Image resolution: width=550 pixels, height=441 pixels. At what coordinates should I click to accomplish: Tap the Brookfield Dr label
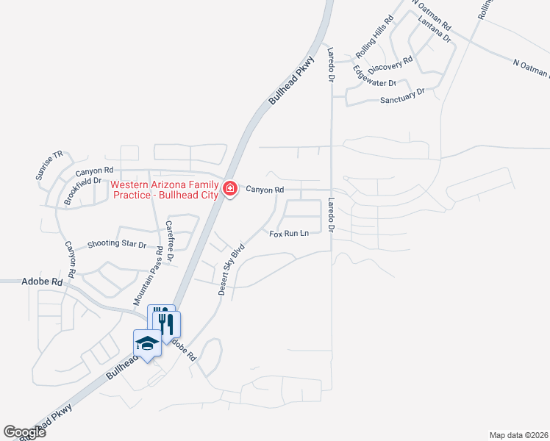(x=82, y=191)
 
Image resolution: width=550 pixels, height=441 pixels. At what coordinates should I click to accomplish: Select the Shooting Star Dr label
(x=117, y=243)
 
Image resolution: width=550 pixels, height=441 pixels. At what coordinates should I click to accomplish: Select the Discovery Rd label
(x=391, y=65)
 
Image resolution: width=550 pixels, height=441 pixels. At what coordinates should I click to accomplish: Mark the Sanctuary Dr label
(x=403, y=96)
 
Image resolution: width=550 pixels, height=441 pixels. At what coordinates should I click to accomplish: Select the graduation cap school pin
(x=146, y=343)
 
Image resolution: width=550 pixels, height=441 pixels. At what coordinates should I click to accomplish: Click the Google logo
(x=24, y=432)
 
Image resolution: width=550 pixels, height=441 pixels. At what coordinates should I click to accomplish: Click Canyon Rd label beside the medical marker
(x=265, y=190)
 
